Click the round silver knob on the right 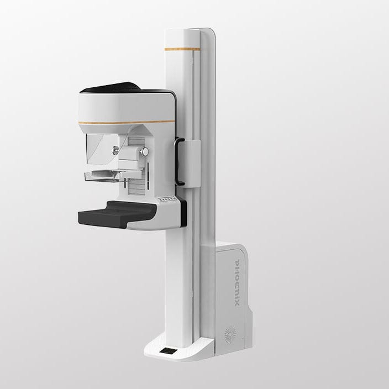tap(144, 151)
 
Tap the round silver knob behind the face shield tap(115, 149)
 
